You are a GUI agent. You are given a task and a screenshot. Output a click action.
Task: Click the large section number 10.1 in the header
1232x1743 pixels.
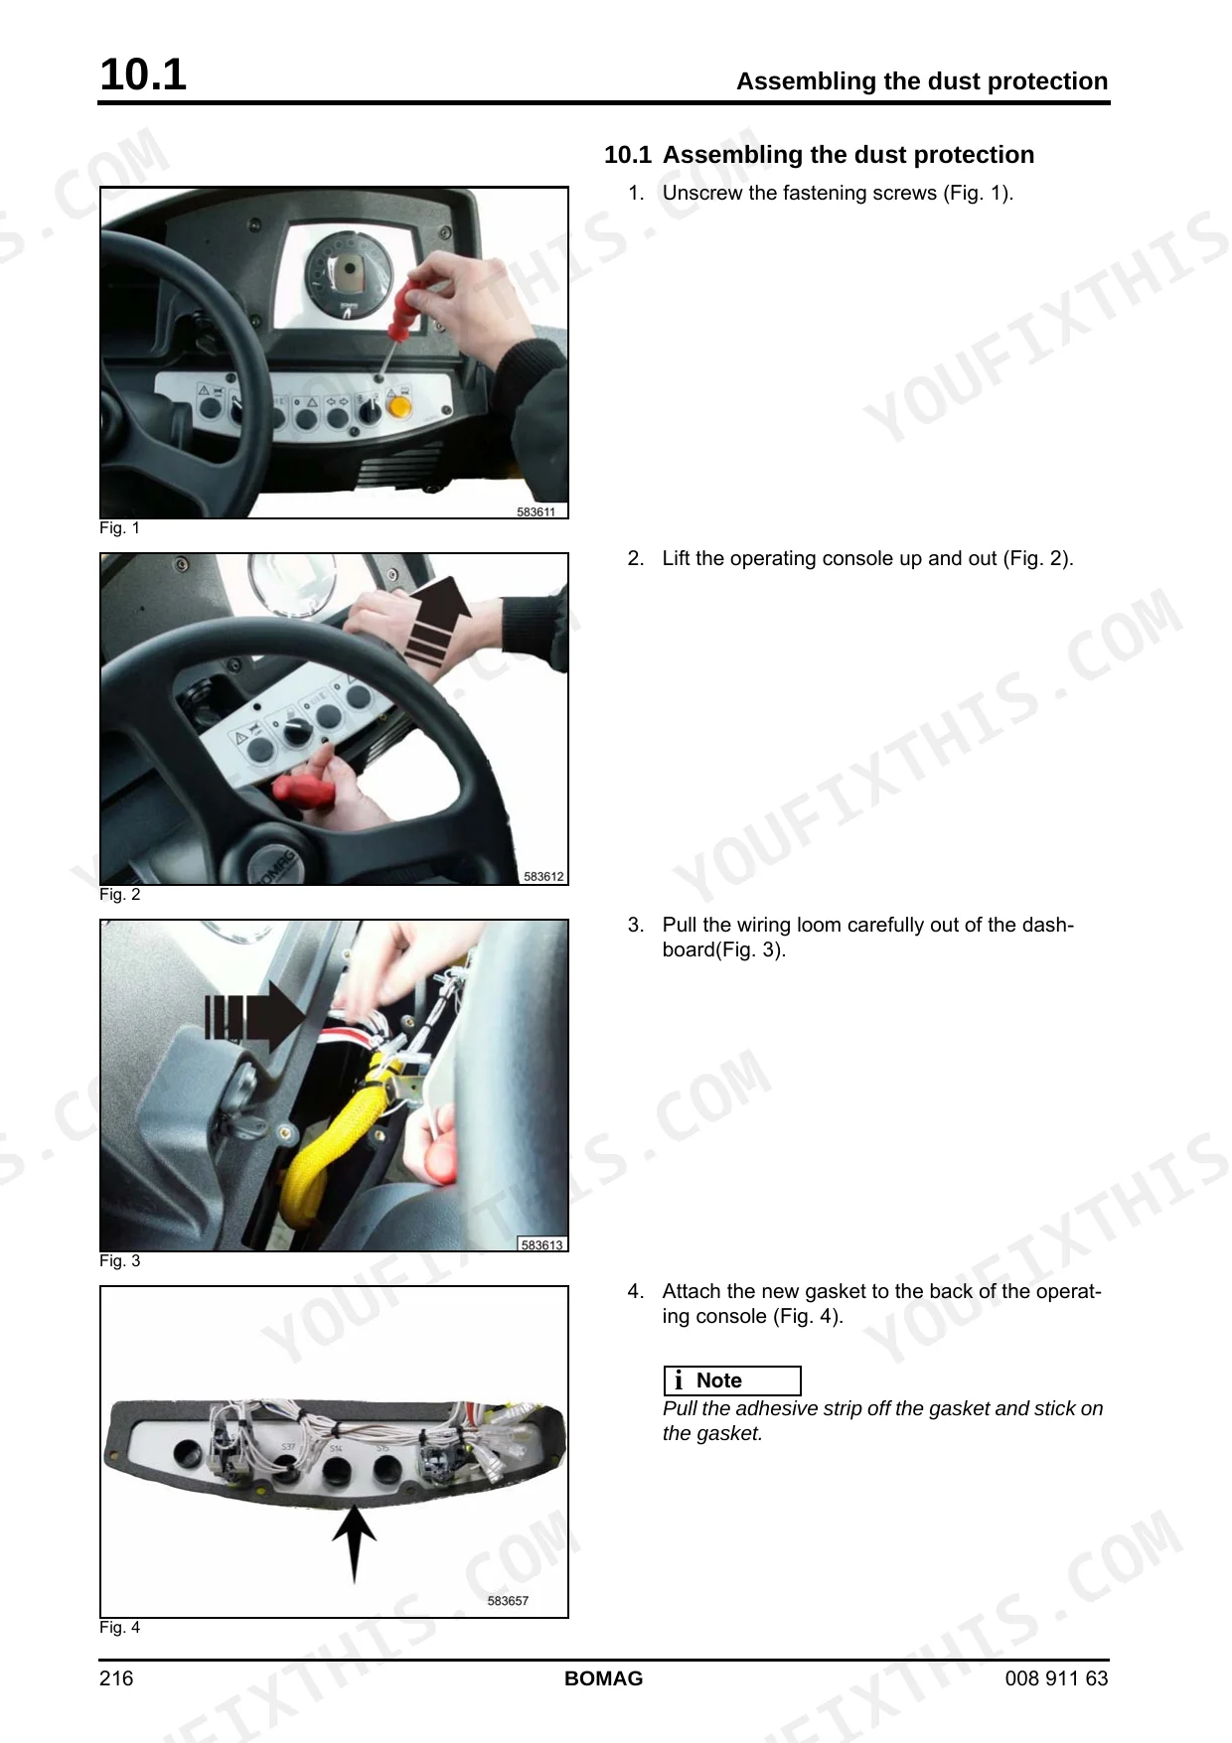[143, 74]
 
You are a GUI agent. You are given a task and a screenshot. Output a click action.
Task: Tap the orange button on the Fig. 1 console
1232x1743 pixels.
[398, 407]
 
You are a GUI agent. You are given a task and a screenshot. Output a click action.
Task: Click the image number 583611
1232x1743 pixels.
[537, 511]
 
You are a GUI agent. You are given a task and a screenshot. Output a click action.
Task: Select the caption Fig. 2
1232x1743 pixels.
[120, 894]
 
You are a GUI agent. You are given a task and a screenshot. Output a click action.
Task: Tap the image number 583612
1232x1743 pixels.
[543, 876]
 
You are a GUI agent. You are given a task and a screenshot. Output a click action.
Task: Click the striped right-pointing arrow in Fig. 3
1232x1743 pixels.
[255, 1016]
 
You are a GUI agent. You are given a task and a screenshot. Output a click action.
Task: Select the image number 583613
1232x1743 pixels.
[542, 1244]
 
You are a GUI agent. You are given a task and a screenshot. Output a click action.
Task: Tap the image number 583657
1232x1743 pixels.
[508, 1600]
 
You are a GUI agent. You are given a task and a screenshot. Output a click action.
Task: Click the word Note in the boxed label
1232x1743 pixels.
[719, 1380]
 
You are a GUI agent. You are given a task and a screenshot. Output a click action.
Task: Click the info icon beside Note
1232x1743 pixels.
[679, 1380]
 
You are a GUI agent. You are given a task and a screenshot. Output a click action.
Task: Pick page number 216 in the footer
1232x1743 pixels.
[116, 1678]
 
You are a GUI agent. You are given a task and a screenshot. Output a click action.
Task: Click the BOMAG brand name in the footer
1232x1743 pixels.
[604, 1678]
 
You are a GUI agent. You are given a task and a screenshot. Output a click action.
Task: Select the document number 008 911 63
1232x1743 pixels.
[1056, 1678]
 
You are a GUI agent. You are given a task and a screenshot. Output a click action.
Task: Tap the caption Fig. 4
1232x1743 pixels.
[120, 1627]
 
